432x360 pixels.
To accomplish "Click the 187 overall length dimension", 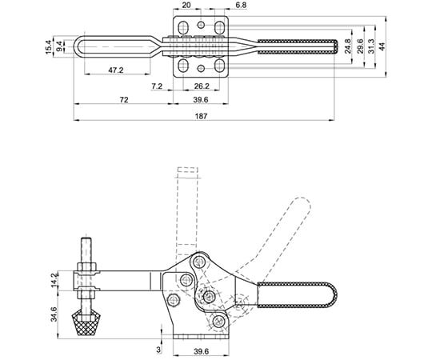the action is [x=201, y=116].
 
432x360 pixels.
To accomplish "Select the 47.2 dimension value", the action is [x=116, y=70].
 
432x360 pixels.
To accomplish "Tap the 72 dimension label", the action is [x=124, y=100].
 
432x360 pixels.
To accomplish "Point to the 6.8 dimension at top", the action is [x=242, y=6].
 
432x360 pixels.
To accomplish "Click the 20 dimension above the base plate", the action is [x=186, y=6].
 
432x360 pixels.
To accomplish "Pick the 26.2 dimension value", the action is [x=202, y=86].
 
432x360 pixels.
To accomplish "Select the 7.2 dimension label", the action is [x=157, y=86].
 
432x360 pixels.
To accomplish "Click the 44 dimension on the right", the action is [x=382, y=46].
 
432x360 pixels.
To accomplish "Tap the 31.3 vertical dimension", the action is [x=371, y=46].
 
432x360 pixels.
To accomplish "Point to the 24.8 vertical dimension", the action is [x=348, y=46].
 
